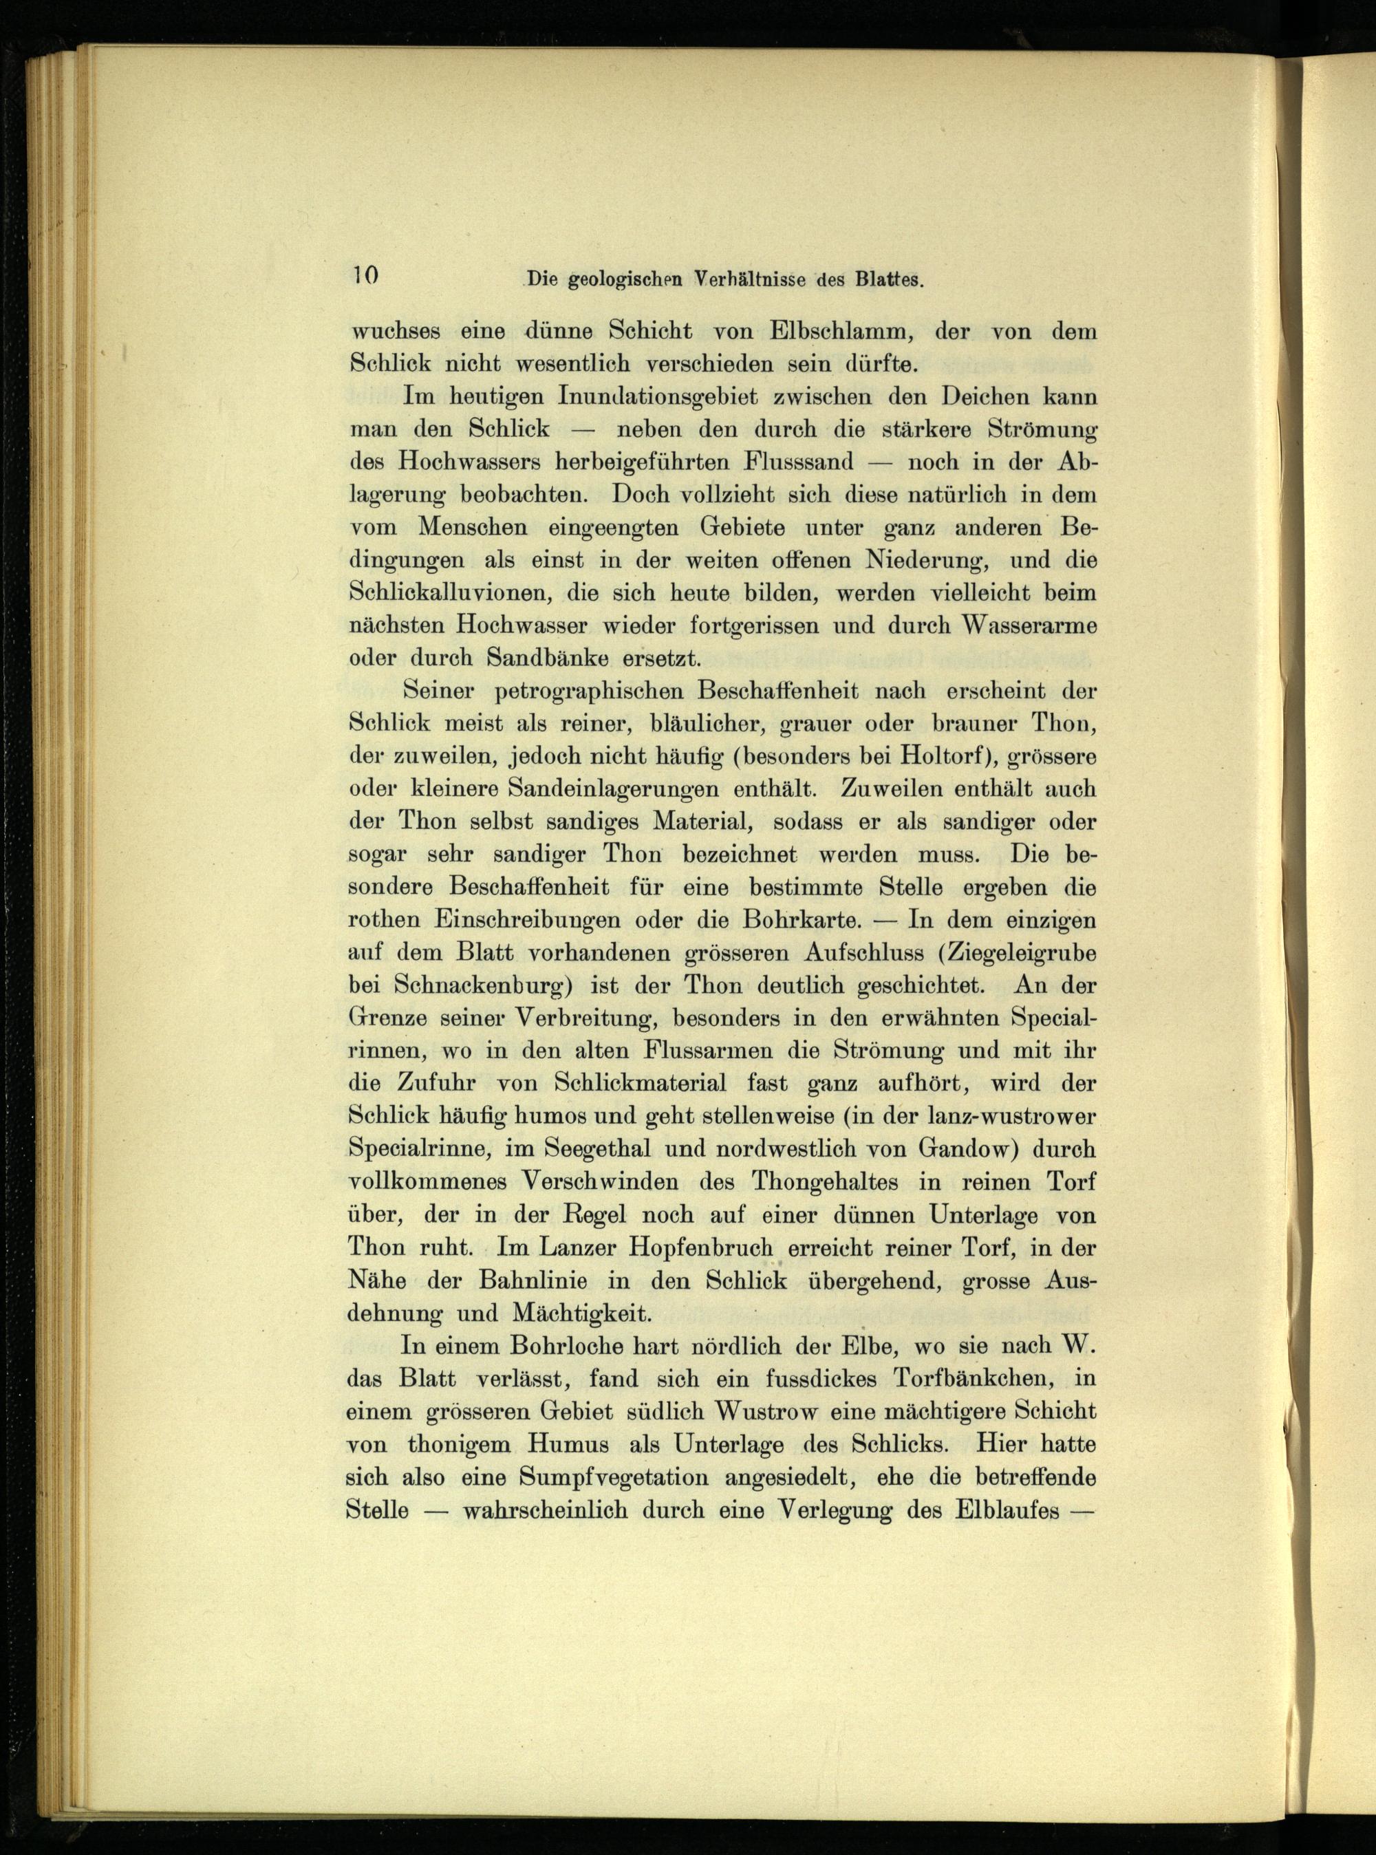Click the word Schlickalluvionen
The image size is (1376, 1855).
point(449,593)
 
